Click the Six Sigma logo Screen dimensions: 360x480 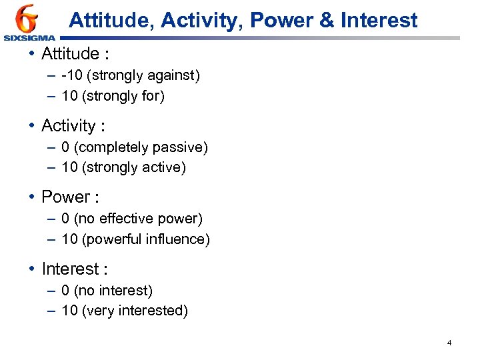(28, 23)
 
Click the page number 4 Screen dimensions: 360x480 (449, 343)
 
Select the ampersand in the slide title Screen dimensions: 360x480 (327, 21)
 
